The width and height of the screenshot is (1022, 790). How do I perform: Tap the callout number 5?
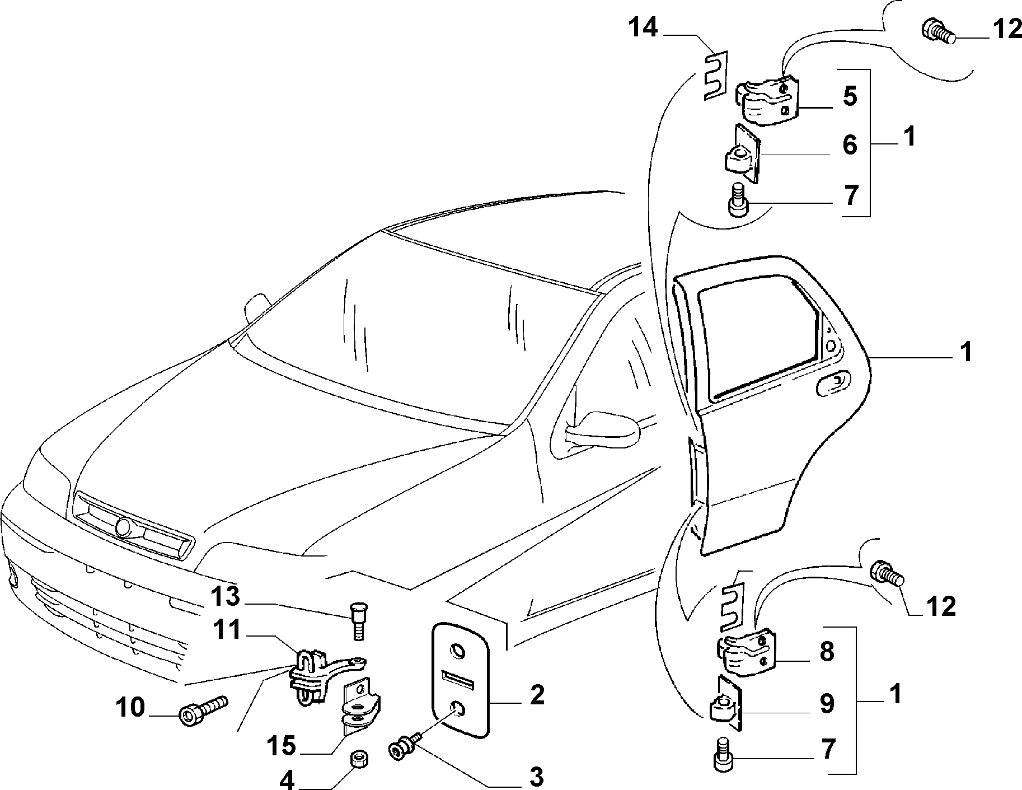(x=850, y=96)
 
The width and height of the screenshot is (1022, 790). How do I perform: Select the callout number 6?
(x=850, y=145)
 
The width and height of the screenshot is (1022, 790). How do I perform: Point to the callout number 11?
(x=226, y=630)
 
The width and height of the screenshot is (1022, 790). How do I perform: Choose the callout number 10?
(x=130, y=708)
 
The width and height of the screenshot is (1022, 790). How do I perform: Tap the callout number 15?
(x=280, y=746)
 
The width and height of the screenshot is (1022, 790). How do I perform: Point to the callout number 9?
(x=827, y=703)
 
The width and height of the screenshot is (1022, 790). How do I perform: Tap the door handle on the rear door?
(x=833, y=385)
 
